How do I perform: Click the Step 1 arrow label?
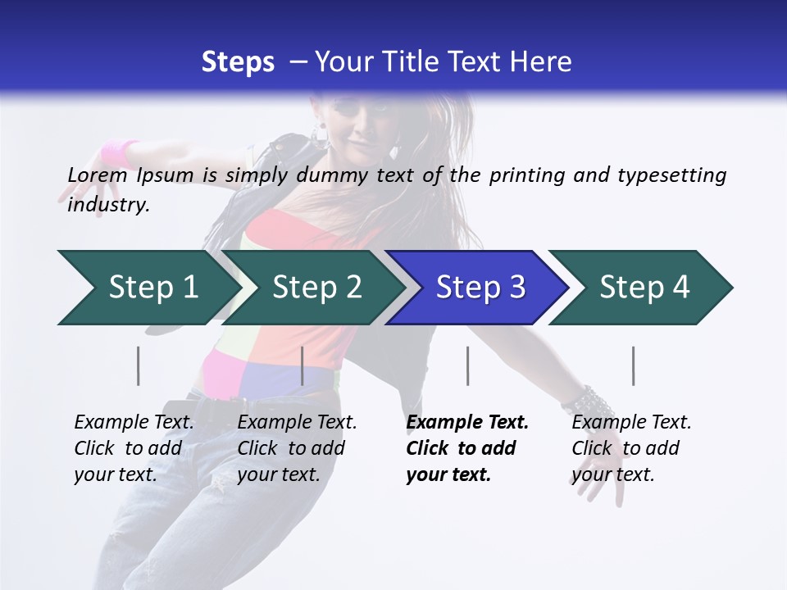153,288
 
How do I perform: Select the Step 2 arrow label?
316,288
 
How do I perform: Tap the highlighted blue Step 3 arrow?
480,288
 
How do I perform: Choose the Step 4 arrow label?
644,288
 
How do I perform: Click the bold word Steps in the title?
238,62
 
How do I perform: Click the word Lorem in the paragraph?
98,175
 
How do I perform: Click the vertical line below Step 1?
138,365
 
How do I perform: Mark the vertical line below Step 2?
303,365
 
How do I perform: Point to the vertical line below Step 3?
467,365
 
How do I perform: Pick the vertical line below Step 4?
633,365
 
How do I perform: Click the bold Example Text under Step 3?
467,423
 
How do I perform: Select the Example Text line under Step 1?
134,423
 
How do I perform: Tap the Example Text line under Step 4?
631,423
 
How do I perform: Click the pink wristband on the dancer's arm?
120,153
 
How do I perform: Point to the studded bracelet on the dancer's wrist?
589,402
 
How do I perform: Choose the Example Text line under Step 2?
297,423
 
